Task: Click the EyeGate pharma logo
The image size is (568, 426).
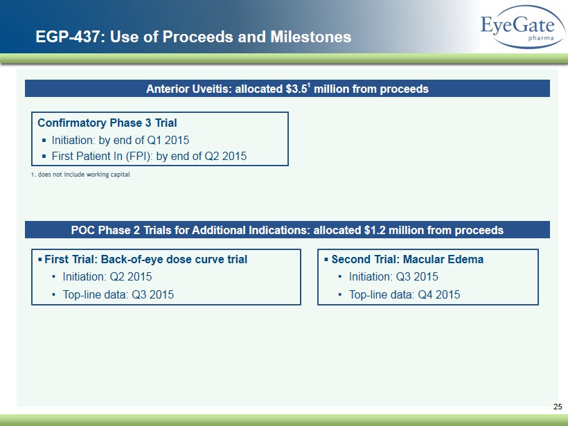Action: click(523, 27)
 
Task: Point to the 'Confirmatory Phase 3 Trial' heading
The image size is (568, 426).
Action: click(107, 123)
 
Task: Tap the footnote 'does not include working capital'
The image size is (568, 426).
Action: click(84, 175)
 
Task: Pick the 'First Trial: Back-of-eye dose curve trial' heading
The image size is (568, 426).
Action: click(145, 259)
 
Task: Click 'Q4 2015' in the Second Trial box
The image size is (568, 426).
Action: click(439, 294)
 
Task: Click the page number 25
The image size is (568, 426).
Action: click(558, 407)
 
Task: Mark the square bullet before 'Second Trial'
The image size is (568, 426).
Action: click(326, 259)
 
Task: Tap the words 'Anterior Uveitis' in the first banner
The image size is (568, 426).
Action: click(188, 89)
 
